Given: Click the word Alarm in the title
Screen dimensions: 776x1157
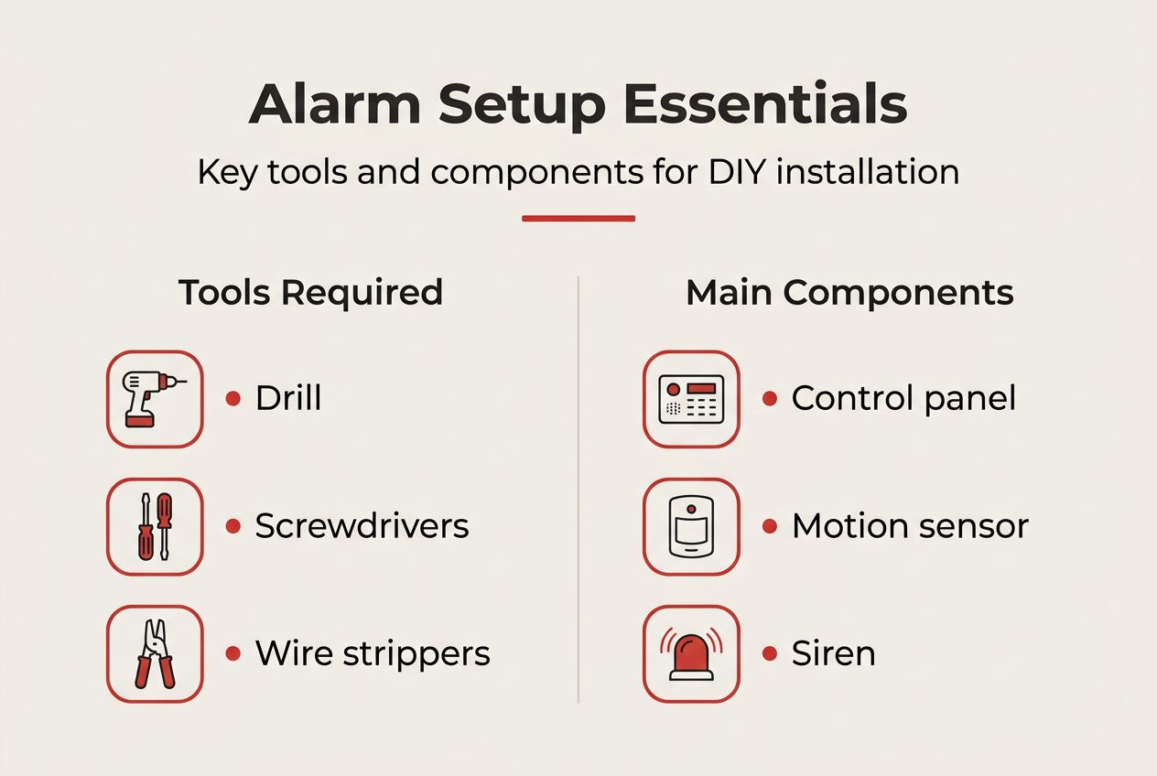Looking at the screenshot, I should pos(334,104).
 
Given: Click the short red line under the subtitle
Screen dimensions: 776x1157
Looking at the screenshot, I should pos(578,219).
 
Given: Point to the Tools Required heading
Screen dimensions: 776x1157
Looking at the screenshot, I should pos(310,292).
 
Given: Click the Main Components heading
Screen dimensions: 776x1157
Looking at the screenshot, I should pos(849,292).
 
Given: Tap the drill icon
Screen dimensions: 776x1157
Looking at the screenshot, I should pos(155,399).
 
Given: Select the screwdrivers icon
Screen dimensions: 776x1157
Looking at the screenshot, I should pos(155,526).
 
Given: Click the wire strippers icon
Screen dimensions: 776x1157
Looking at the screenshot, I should pos(155,653).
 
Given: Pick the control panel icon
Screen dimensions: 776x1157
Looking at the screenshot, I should pos(691,399).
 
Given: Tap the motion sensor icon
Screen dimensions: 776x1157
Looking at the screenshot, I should pos(691,526).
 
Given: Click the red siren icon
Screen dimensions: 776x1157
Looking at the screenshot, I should pos(691,653).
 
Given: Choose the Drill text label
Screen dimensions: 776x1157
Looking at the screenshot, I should pos(288,398).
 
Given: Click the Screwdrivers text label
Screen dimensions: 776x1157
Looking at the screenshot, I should pos(362,525).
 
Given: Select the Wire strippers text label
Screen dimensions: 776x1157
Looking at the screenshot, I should pos(373,653).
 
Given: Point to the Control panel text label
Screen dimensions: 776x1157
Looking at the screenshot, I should pos(903,398).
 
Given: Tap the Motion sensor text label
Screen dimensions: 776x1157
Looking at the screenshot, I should pos(910,525).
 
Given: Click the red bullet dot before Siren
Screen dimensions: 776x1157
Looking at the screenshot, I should pos(770,653).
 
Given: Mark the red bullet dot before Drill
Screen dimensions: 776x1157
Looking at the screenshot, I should pos(233,399).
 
